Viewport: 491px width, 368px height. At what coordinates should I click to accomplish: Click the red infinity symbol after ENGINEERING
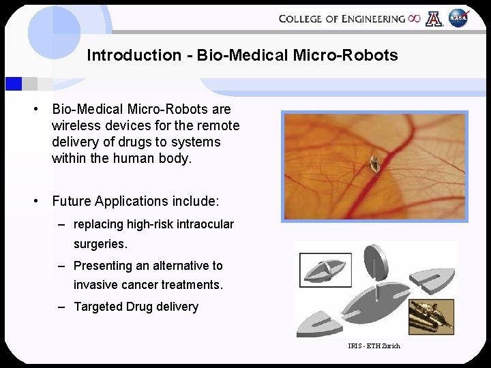pos(414,18)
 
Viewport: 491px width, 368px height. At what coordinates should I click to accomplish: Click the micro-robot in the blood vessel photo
pos(374,164)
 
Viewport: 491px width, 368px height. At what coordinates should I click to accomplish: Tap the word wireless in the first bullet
pos(74,125)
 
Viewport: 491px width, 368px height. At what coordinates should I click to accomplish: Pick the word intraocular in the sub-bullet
pos(203,224)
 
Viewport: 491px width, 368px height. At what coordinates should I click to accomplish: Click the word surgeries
pos(101,243)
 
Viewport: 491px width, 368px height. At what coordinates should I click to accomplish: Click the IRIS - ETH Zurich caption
pos(374,346)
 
